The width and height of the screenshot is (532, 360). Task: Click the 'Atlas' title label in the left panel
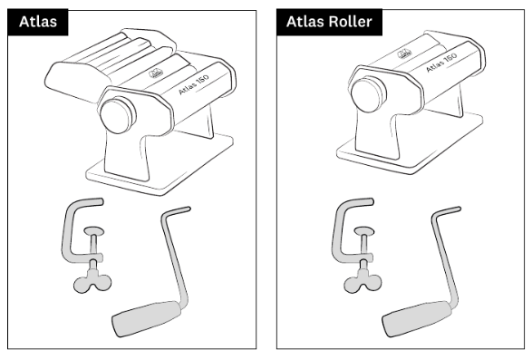[x=38, y=22]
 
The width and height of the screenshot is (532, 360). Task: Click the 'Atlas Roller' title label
[x=329, y=22]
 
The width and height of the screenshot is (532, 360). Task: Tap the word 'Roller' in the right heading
[x=351, y=22]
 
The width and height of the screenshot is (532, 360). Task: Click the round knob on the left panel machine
[x=118, y=115]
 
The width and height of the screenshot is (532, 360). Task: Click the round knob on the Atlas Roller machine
[x=369, y=94]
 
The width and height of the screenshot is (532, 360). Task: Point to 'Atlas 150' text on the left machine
[x=194, y=84]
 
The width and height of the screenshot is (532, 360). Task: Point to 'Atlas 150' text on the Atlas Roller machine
[x=441, y=63]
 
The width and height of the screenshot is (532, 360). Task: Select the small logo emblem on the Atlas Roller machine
[x=404, y=53]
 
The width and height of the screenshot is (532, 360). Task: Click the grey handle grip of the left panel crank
[x=147, y=318]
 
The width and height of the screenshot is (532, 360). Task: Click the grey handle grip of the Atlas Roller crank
[x=417, y=318]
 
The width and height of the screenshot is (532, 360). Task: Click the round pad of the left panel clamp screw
[x=94, y=232]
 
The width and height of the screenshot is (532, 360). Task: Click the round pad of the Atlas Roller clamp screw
[x=364, y=232]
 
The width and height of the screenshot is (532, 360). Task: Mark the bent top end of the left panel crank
[x=176, y=211]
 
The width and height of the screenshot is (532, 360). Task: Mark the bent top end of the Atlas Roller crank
[x=446, y=211]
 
